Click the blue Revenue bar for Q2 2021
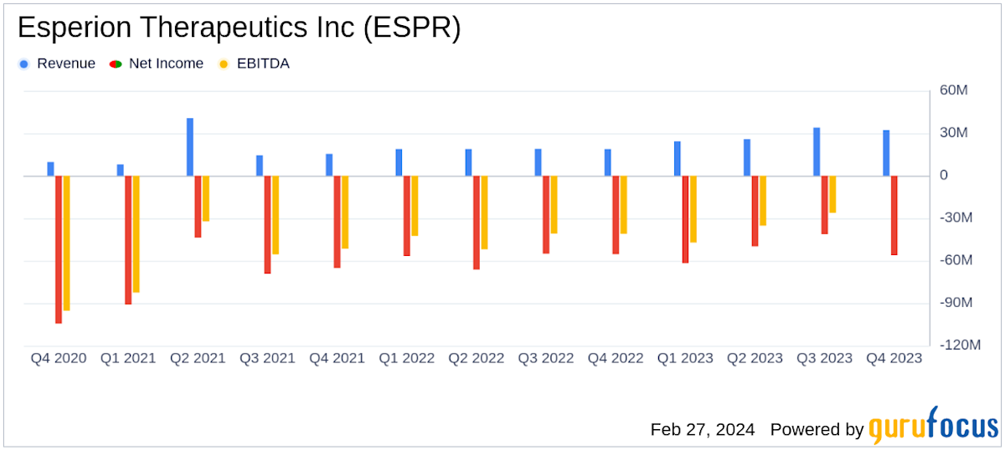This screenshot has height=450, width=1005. tap(190, 147)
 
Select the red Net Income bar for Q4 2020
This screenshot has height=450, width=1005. tap(59, 249)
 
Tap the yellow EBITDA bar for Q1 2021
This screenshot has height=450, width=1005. tap(136, 234)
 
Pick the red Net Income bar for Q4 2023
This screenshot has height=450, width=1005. tap(894, 215)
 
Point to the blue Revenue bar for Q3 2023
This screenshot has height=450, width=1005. tap(817, 151)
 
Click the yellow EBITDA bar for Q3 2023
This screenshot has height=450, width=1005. tap(832, 194)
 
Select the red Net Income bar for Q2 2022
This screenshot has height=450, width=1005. tap(477, 222)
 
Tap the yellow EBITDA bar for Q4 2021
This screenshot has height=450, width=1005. tap(344, 212)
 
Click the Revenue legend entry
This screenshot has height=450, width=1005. tap(58, 64)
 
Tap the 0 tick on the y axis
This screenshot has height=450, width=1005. tap(944, 176)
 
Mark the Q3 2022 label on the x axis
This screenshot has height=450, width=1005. tap(546, 358)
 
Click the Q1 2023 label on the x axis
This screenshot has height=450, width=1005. tap(685, 358)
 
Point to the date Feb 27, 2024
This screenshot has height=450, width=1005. tap(703, 429)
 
